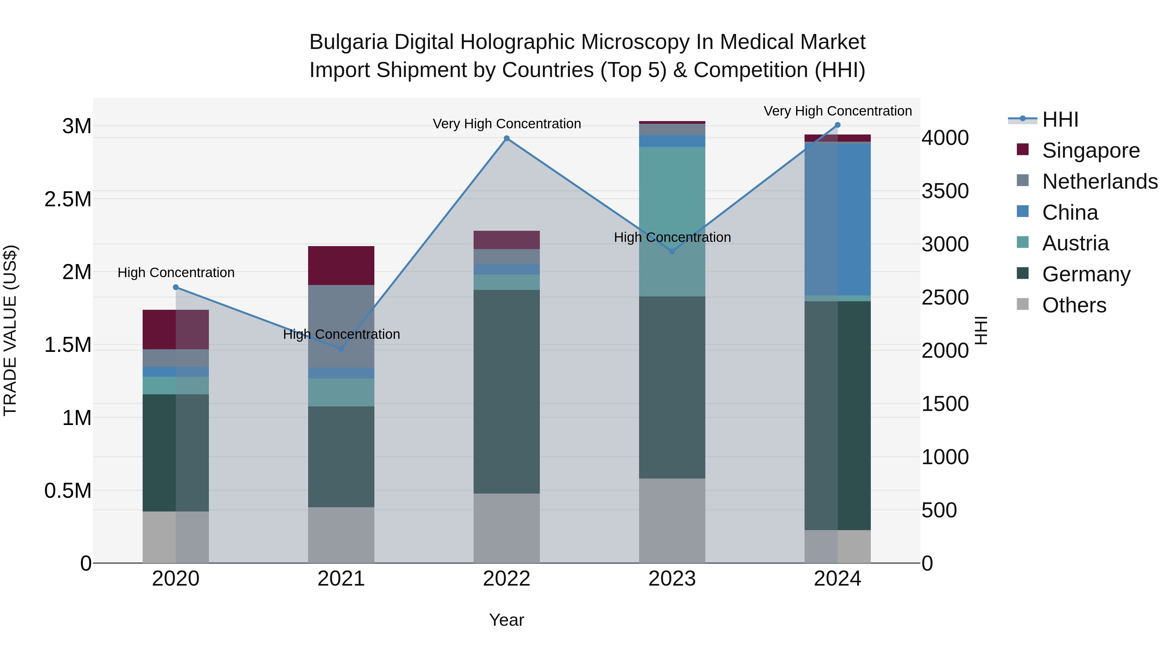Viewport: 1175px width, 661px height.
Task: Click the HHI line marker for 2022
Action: point(506,138)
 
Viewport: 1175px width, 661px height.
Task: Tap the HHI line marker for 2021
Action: point(341,349)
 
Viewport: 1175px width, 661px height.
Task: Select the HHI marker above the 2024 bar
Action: point(838,125)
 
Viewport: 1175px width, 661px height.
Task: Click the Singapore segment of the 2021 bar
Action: point(341,265)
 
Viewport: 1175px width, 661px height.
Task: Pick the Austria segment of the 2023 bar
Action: point(672,221)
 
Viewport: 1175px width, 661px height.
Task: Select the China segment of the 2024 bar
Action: point(838,219)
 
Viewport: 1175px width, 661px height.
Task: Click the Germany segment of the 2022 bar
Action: point(506,391)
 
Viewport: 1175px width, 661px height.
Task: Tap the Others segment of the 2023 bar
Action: point(672,521)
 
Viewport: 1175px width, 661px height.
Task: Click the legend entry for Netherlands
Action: point(1100,181)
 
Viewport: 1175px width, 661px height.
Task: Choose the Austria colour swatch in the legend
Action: point(1023,242)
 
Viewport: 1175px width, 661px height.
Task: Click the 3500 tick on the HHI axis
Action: point(945,191)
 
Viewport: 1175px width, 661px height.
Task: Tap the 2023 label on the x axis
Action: point(672,579)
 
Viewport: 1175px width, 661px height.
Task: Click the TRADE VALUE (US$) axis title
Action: point(10,330)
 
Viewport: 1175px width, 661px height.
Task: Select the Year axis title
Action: point(506,620)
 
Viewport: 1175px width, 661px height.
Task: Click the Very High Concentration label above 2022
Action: point(506,124)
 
